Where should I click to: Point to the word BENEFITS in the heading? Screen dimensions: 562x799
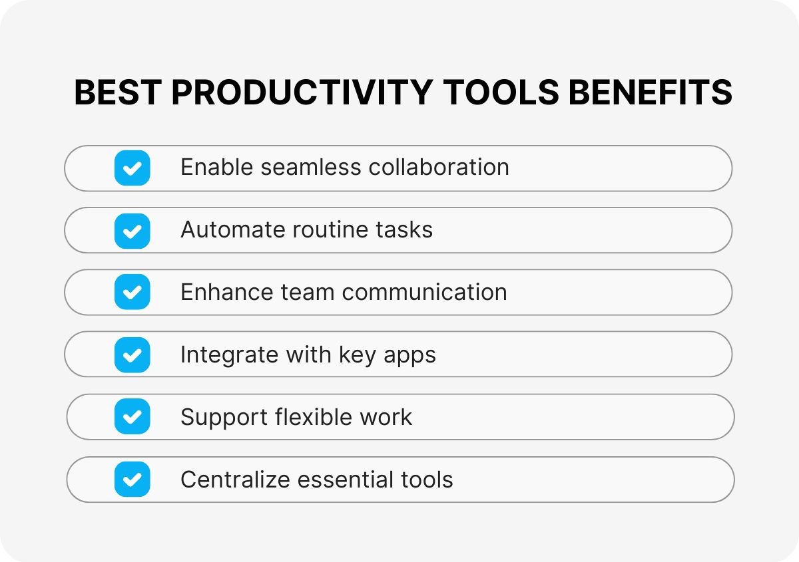(x=651, y=92)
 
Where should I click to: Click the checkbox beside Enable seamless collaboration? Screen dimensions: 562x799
(x=132, y=168)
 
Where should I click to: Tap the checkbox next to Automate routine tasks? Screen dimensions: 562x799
(x=132, y=231)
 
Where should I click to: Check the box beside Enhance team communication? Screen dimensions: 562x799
(x=132, y=293)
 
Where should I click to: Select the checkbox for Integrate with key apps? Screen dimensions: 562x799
(x=132, y=355)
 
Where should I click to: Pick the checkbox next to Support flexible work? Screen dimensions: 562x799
(x=132, y=417)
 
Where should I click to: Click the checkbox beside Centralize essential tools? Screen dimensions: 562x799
(x=132, y=480)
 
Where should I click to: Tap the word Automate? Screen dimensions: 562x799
(x=233, y=230)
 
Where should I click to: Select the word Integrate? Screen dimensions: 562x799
(x=229, y=355)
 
